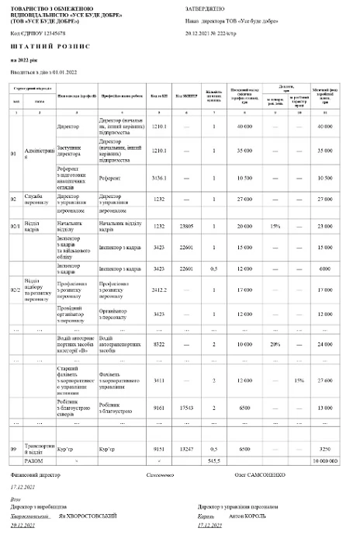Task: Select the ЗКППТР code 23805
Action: click(x=185, y=226)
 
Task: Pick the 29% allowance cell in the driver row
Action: click(x=275, y=342)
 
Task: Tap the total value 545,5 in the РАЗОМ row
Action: click(x=215, y=460)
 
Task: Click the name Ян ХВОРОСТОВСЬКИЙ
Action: click(x=87, y=515)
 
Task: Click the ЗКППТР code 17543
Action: click(x=185, y=406)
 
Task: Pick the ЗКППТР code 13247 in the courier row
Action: click(x=185, y=448)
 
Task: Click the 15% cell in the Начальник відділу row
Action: click(x=275, y=226)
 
